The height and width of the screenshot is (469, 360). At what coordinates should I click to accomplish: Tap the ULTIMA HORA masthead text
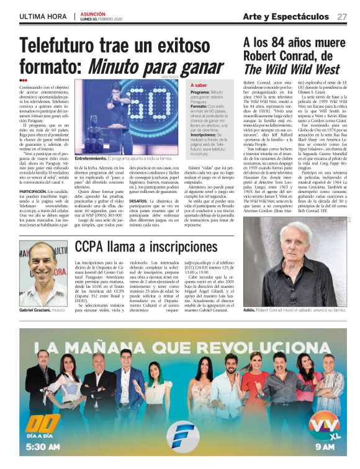[x=41, y=16]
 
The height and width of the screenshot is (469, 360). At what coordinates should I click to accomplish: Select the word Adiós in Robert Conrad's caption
[x=250, y=310]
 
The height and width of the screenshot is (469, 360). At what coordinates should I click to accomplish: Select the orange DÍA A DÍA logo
[x=41, y=427]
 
